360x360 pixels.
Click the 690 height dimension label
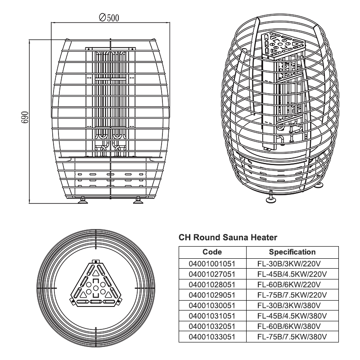point(25,117)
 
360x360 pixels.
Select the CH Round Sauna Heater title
point(228,237)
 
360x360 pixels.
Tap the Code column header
point(212,252)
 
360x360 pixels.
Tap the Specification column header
point(292,252)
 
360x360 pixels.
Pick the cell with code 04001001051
point(212,263)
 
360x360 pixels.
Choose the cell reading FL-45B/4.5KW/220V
point(292,274)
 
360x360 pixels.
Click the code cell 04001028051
point(212,284)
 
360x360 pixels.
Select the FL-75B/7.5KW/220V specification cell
point(292,294)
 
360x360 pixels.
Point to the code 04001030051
point(212,305)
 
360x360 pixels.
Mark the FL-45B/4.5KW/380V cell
point(292,315)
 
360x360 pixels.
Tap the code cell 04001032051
point(212,326)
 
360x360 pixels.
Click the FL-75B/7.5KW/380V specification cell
point(292,336)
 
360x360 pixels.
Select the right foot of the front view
point(138,200)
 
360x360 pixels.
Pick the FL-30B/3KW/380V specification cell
point(292,305)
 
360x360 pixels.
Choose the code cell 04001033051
point(212,336)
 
